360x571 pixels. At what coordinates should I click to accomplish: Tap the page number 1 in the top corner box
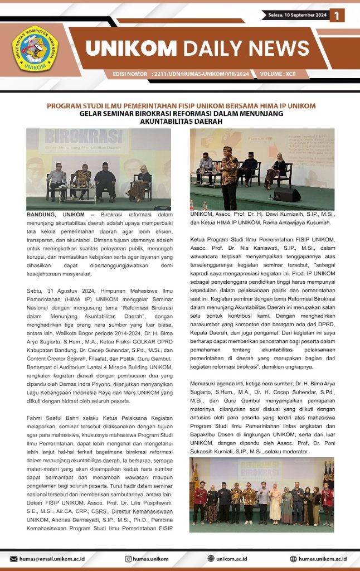click(337, 16)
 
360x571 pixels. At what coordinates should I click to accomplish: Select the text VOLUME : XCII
click(283, 74)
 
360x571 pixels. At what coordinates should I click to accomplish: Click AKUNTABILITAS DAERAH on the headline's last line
click(181, 120)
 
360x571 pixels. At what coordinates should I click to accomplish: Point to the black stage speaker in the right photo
click(286, 195)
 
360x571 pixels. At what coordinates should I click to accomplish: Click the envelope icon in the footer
click(14, 558)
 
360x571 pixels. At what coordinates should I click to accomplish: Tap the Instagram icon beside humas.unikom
click(128, 558)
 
